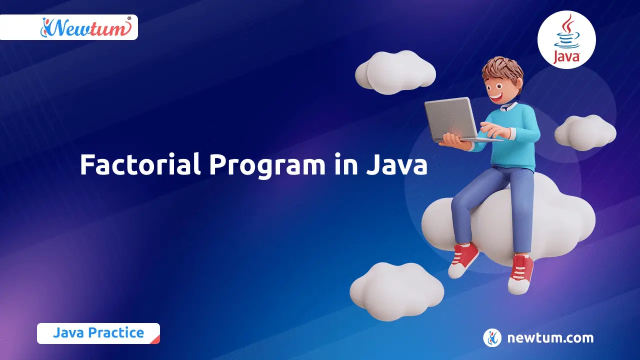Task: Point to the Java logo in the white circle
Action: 566,39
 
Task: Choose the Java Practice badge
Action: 98,333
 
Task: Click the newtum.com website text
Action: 550,338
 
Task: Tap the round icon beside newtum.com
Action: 492,338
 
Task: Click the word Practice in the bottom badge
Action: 119,333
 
